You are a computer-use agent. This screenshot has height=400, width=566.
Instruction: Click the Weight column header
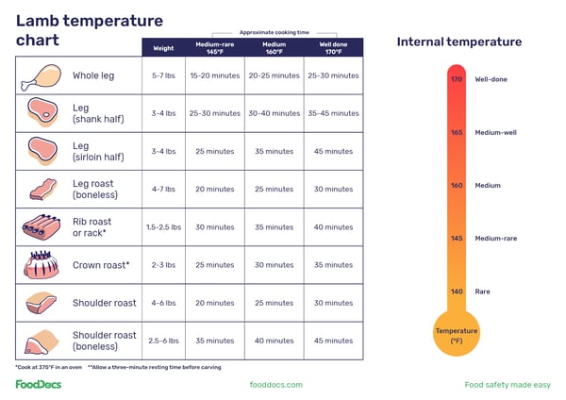click(x=163, y=47)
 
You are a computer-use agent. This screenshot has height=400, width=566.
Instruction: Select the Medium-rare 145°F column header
click(x=214, y=47)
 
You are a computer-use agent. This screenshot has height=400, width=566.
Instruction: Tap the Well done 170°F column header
click(x=333, y=47)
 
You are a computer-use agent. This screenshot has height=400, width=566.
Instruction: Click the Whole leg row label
click(x=93, y=75)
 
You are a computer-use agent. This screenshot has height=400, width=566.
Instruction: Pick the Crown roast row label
click(x=101, y=265)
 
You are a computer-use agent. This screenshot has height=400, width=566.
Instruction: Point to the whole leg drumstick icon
click(x=41, y=76)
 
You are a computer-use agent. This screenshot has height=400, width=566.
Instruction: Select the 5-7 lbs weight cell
click(x=163, y=75)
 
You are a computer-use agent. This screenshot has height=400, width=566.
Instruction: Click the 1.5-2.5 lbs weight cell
click(x=163, y=227)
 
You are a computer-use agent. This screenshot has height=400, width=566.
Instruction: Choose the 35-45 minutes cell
click(x=333, y=113)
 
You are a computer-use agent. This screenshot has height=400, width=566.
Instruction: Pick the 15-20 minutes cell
click(x=214, y=75)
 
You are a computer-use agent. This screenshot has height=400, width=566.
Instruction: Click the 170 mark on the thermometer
click(x=457, y=79)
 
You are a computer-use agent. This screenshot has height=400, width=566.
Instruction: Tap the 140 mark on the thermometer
click(x=457, y=292)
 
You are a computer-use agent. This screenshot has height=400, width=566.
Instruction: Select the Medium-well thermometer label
click(x=495, y=133)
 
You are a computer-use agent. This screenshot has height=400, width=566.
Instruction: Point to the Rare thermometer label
click(x=483, y=292)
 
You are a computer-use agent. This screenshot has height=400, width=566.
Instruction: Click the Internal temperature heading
click(x=458, y=42)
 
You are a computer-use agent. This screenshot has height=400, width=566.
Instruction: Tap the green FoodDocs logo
click(x=40, y=384)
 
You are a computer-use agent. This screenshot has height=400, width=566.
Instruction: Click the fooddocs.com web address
click(x=275, y=385)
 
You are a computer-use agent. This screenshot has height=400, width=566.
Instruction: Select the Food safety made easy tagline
click(x=508, y=385)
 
